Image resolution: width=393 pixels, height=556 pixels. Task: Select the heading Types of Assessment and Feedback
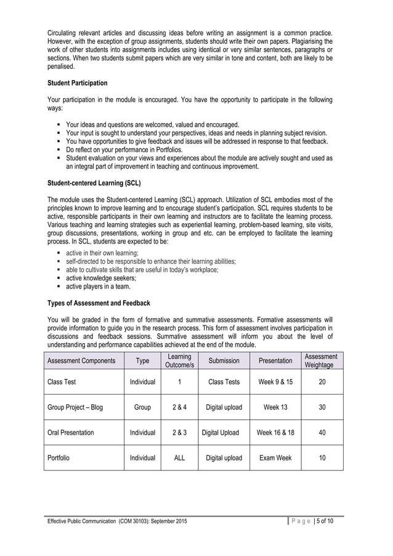click(99, 303)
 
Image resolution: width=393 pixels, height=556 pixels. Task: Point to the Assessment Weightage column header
click(321, 361)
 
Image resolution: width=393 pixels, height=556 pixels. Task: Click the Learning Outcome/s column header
click(179, 361)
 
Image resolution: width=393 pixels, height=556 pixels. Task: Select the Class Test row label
click(62, 382)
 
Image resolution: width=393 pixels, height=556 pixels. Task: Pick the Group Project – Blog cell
click(75, 407)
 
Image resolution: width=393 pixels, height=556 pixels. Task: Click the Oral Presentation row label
click(71, 433)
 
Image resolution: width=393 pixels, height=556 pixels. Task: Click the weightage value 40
click(322, 433)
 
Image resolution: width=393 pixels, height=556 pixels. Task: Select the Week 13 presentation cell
click(275, 407)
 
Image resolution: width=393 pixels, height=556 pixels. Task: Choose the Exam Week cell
click(275, 458)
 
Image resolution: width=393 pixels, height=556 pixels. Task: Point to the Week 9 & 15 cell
click(275, 382)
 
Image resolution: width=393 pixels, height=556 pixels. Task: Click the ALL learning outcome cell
click(179, 458)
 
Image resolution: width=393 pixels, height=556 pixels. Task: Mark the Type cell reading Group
click(142, 407)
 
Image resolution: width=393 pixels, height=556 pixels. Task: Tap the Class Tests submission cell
click(224, 382)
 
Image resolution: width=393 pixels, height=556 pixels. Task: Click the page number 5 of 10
click(330, 521)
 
